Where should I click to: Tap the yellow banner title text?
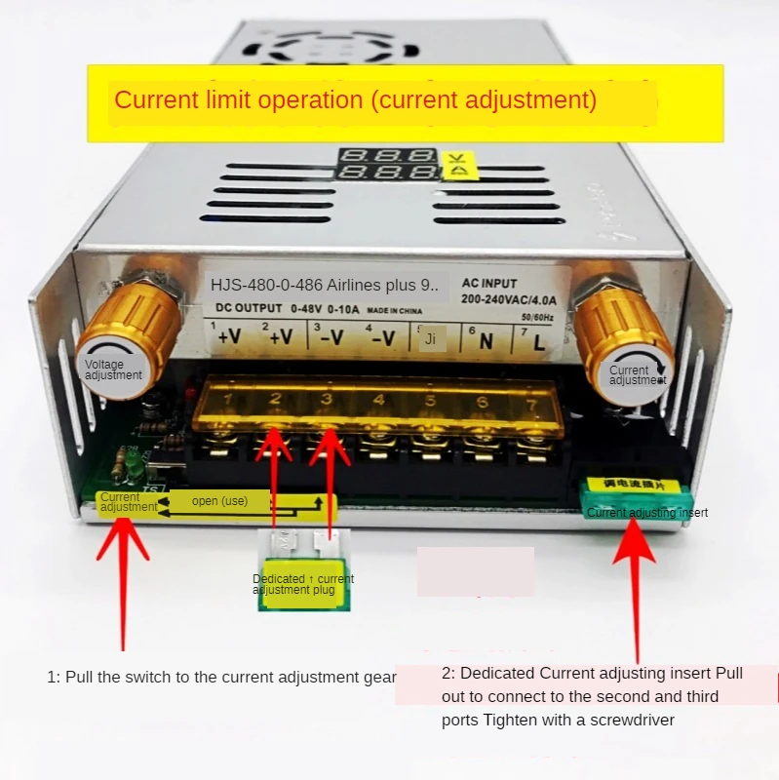(x=356, y=99)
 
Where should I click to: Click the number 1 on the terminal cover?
(x=227, y=399)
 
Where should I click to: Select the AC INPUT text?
(x=489, y=284)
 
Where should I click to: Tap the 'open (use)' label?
(x=219, y=501)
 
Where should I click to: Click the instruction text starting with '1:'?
(x=221, y=677)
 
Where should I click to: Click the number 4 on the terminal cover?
(x=378, y=400)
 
